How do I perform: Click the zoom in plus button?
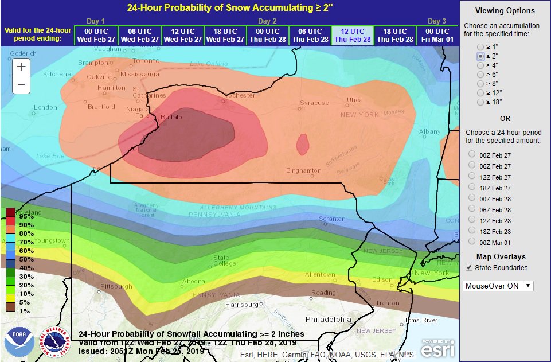click(21, 67)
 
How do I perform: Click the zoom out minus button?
click(21, 85)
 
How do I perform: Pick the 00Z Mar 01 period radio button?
click(472, 242)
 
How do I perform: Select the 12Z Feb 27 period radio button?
click(472, 177)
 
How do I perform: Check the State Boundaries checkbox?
click(469, 267)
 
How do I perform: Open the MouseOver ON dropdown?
click(498, 286)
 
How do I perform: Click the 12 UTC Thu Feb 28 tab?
click(352, 35)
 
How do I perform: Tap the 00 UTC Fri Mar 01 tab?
click(437, 35)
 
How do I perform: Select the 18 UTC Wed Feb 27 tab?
click(224, 35)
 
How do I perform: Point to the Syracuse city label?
click(314, 103)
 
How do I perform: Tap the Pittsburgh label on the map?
click(116, 286)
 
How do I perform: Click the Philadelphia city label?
click(329, 319)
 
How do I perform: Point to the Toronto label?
click(146, 61)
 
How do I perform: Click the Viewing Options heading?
click(505, 10)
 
